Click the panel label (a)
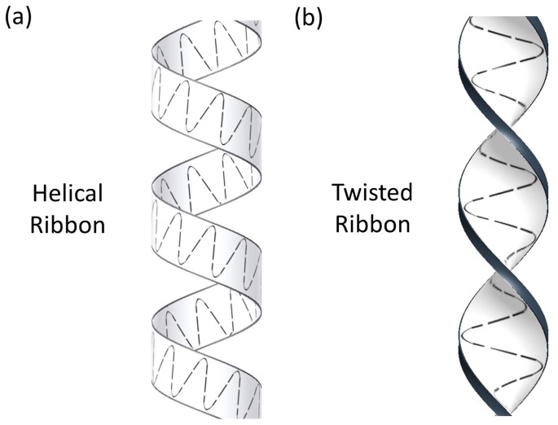coord(19,16)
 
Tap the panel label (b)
coord(309,16)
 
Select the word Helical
coord(68,195)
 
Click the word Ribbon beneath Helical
coord(68,224)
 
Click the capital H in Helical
coord(41,195)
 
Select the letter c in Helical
coord(84,196)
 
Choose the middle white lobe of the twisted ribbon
coord(499,199)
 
